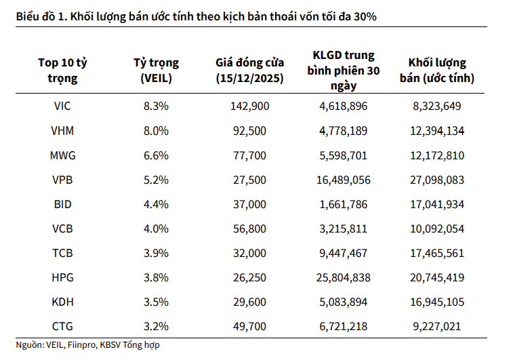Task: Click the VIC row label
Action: tap(62, 106)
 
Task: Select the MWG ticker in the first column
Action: tap(62, 155)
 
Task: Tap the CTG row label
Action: tap(62, 326)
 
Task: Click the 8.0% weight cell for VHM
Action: tap(156, 131)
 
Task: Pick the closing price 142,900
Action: tap(249, 106)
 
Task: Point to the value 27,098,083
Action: tap(437, 180)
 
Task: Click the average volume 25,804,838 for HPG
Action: tap(343, 277)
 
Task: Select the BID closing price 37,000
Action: tap(249, 204)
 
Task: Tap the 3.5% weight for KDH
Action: tap(156, 302)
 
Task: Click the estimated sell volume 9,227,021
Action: tap(437, 326)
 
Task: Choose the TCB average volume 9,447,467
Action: tap(343, 253)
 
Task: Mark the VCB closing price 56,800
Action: tap(249, 228)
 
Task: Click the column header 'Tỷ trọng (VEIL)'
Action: tap(156, 71)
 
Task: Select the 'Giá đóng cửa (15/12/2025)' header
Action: tap(249, 71)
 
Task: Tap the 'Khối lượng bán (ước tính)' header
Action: tap(437, 71)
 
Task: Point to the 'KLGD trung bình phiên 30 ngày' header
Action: tap(343, 71)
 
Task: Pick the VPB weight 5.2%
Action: tap(156, 180)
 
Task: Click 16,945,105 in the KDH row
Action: tap(437, 302)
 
